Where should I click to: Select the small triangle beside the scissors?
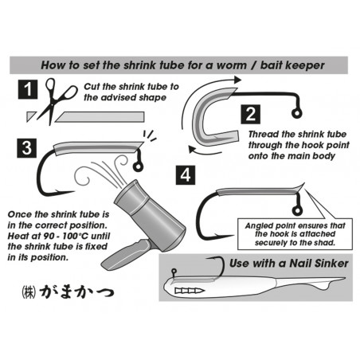(30, 116)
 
